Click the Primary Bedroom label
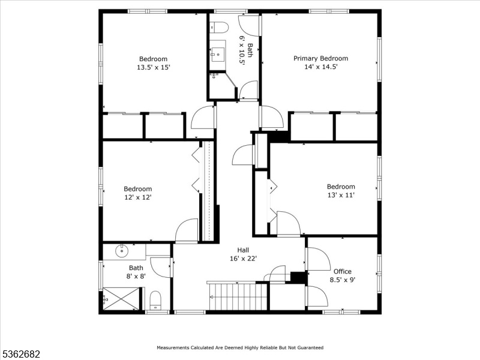click(x=320, y=58)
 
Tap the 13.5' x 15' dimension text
click(x=153, y=67)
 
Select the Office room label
click(x=342, y=271)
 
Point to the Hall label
click(x=243, y=250)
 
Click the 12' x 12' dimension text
click(x=138, y=197)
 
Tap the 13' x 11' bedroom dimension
click(x=341, y=195)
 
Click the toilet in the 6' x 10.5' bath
click(x=219, y=27)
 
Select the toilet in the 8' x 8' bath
click(x=155, y=300)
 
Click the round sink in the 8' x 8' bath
click(x=122, y=251)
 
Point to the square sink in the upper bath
click(x=217, y=55)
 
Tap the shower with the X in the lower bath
click(x=121, y=299)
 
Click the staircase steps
click(x=238, y=296)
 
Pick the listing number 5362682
click(x=20, y=354)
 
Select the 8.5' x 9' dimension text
click(x=342, y=280)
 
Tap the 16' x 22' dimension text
click(x=243, y=259)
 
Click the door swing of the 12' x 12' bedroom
click(x=187, y=230)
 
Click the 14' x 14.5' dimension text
click(x=320, y=67)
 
